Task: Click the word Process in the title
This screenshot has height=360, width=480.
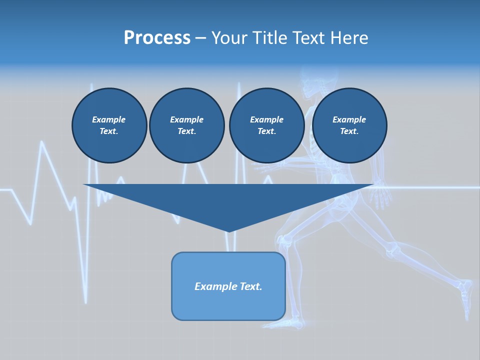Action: [157, 38]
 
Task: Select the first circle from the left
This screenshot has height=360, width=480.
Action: [109, 125]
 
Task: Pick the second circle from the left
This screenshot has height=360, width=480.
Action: [186, 125]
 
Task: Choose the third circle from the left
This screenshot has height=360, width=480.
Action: [266, 125]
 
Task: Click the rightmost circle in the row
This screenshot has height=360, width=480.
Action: [349, 125]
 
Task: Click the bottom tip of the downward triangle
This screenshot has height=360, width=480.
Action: [228, 230]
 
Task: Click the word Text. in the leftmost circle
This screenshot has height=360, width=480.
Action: [109, 131]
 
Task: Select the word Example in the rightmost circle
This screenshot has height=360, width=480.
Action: [349, 119]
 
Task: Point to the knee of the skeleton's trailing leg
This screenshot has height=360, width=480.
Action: [392, 247]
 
